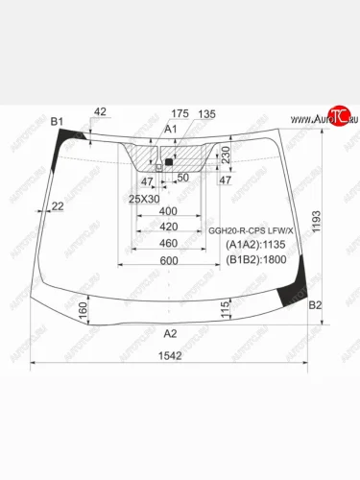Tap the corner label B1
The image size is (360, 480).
click(x=56, y=121)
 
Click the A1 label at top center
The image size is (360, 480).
click(x=171, y=129)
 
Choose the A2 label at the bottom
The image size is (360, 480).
click(x=171, y=333)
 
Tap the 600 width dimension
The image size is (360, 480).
click(x=169, y=261)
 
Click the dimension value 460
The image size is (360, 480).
click(x=169, y=244)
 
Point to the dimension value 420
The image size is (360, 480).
click(x=169, y=228)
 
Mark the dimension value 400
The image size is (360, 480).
click(x=169, y=210)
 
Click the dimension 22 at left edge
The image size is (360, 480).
click(x=59, y=206)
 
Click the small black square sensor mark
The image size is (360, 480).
click(x=168, y=162)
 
